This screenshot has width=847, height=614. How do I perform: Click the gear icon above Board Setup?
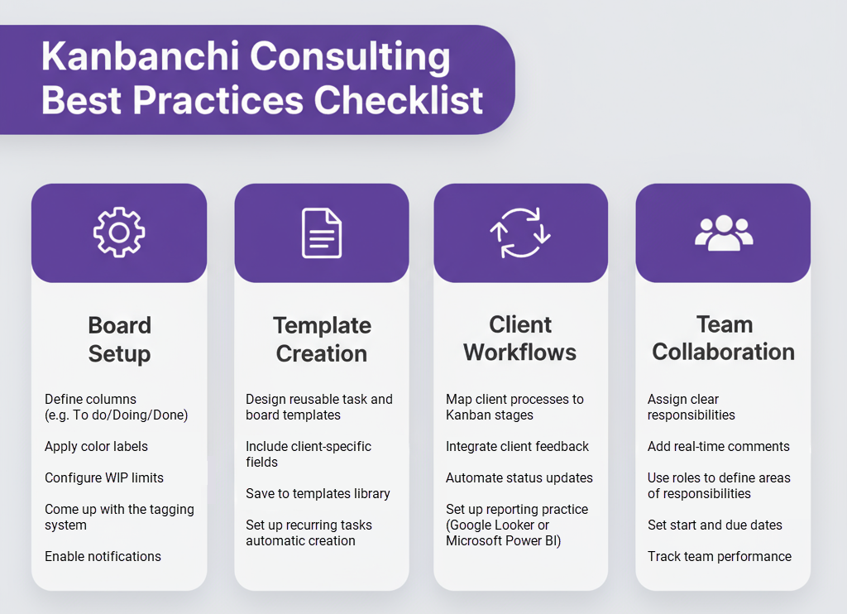point(119,233)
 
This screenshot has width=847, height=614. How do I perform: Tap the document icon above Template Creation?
point(321,233)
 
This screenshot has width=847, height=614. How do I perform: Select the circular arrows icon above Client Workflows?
point(520,233)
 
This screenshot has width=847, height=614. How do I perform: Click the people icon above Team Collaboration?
point(723,233)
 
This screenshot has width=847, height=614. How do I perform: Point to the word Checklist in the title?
point(398,100)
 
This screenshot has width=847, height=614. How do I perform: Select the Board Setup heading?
point(119,339)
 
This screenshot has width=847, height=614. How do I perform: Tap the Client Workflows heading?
point(520,338)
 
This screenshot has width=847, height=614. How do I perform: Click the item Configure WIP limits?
point(104,477)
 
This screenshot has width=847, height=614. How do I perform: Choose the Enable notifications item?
point(103,556)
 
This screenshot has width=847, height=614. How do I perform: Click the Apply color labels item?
point(96,446)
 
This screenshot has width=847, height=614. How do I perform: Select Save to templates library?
point(318,493)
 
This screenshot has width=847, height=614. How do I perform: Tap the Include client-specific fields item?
point(309,453)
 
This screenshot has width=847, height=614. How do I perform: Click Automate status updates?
point(519,477)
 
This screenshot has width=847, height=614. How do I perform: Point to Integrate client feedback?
point(517,446)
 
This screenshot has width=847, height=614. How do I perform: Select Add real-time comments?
point(718,446)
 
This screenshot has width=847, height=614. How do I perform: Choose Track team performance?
point(719,556)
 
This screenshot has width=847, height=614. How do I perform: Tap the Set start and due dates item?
point(715,525)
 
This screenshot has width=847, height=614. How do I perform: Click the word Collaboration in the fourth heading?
point(723,352)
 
